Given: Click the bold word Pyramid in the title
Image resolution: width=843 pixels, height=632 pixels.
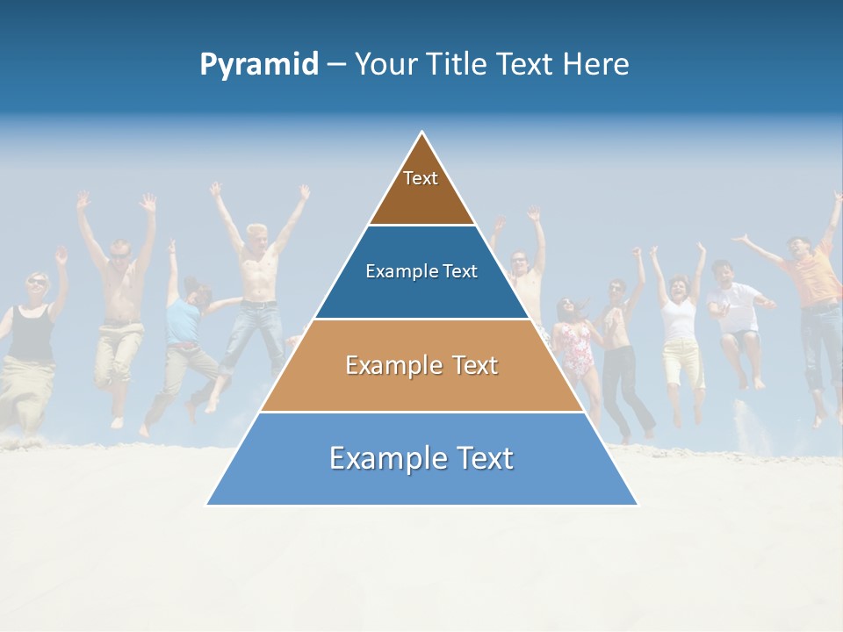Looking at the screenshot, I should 259,65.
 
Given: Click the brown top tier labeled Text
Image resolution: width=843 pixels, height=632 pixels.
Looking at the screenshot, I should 421,189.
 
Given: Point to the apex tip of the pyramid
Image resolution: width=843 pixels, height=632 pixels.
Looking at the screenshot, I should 422,133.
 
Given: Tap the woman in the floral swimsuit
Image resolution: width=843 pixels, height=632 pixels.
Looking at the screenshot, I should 575,342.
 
